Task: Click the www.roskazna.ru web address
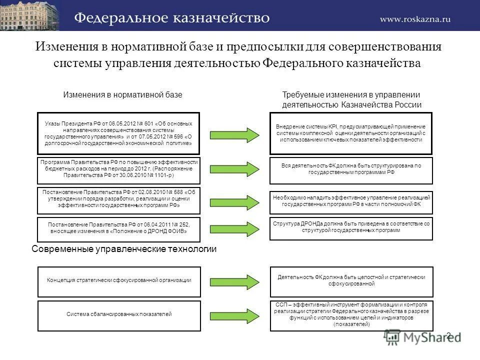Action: click(x=415, y=19)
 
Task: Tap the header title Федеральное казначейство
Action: click(x=172, y=18)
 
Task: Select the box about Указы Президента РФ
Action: click(x=118, y=133)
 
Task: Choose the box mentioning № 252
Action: click(x=118, y=228)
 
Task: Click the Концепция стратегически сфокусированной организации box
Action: click(x=118, y=280)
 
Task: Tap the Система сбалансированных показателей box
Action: click(x=118, y=315)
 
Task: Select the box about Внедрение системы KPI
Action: click(x=350, y=133)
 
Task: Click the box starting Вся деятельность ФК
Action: click(x=350, y=170)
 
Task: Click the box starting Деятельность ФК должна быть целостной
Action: click(x=350, y=281)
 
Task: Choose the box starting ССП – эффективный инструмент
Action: click(x=350, y=315)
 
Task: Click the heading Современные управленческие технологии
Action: click(x=124, y=249)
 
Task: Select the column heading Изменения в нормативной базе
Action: click(x=122, y=94)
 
